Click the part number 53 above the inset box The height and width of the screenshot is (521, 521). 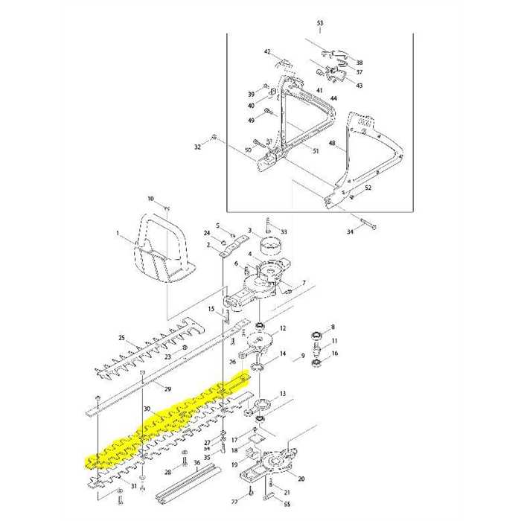click(x=320, y=24)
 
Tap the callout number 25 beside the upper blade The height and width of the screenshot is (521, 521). click(x=121, y=338)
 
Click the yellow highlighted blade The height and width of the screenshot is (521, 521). click(x=164, y=424)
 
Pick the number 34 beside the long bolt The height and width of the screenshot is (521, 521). click(x=351, y=232)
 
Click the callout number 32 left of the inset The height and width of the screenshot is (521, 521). click(x=197, y=147)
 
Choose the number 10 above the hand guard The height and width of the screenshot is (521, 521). click(x=150, y=199)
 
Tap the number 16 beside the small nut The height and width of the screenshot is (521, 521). click(x=335, y=353)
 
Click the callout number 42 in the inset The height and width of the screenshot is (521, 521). click(x=267, y=51)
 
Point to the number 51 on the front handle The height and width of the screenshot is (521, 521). click(x=316, y=151)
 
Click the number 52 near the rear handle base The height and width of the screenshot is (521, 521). click(x=368, y=188)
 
